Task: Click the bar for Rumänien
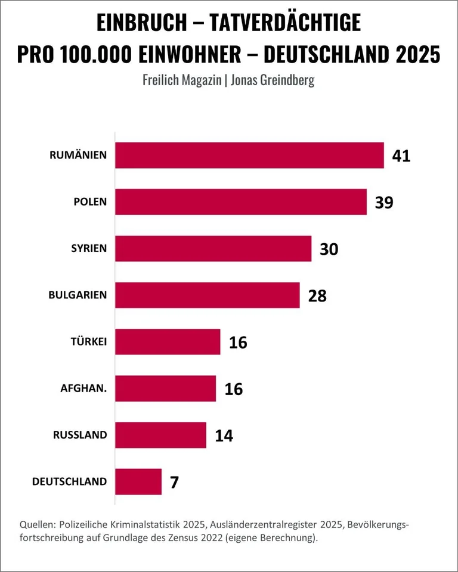click(x=249, y=156)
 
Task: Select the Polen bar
click(x=240, y=202)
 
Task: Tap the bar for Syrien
click(x=213, y=248)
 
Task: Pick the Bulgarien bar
click(x=207, y=295)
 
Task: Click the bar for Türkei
click(x=167, y=342)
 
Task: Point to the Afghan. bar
click(x=165, y=388)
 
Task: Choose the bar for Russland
click(x=160, y=435)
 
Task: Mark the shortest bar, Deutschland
click(x=138, y=481)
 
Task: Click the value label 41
click(x=402, y=156)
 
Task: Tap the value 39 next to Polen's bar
click(x=385, y=202)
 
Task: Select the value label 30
click(x=329, y=248)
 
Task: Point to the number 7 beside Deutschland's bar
click(x=174, y=481)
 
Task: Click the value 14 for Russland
click(x=224, y=435)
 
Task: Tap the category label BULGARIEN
click(x=78, y=295)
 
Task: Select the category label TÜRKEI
click(x=89, y=342)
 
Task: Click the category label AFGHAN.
click(x=83, y=388)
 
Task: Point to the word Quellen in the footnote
click(x=38, y=524)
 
